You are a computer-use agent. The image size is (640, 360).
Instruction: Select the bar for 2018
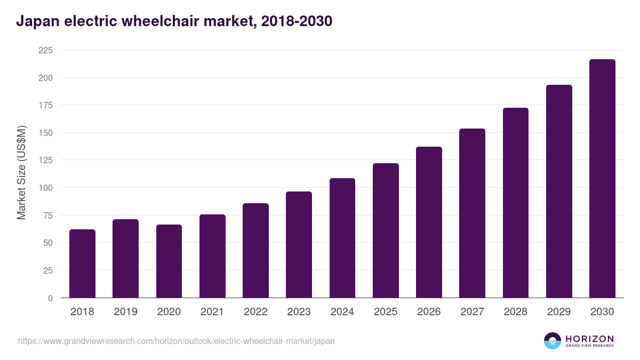click(x=82, y=263)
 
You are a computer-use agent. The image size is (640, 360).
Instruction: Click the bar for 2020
click(x=169, y=261)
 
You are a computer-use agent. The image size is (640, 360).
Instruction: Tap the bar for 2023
click(x=299, y=245)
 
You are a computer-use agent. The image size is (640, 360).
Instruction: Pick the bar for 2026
click(x=429, y=222)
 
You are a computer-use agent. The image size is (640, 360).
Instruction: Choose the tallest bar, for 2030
click(x=602, y=179)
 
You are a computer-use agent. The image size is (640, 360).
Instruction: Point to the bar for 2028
click(x=515, y=203)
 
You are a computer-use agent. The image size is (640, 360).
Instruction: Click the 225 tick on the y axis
click(x=45, y=50)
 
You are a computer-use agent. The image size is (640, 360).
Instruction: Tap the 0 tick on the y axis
click(x=50, y=298)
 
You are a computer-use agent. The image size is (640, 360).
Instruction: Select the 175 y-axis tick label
click(x=45, y=105)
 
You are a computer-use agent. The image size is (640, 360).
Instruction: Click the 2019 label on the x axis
click(x=125, y=312)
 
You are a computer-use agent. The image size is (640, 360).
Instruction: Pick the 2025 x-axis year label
click(x=386, y=312)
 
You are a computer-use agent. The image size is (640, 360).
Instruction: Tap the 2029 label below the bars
click(x=559, y=312)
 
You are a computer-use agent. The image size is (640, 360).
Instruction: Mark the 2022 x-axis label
click(x=255, y=312)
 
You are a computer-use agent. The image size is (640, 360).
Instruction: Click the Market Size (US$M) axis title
click(x=21, y=172)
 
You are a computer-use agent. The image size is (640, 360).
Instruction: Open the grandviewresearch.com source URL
click(x=177, y=341)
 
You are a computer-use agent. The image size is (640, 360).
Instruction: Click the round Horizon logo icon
click(x=553, y=341)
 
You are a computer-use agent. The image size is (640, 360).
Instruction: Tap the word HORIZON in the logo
click(x=589, y=338)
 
